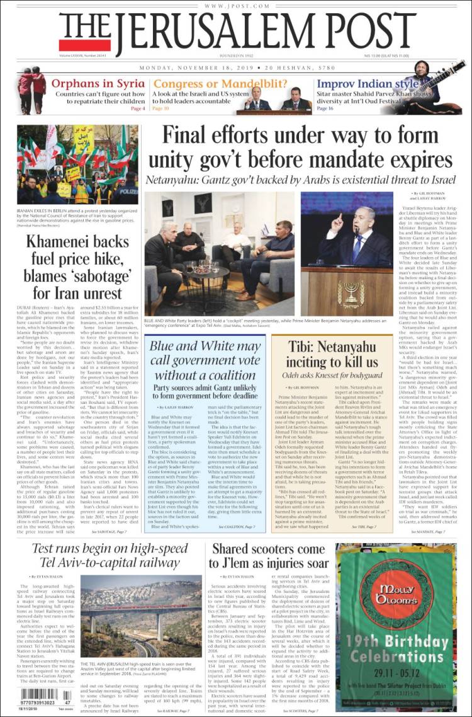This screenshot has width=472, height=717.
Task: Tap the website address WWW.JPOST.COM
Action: coord(235,6)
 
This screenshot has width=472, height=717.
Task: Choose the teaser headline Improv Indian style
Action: coord(368,84)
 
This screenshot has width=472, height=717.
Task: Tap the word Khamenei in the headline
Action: coord(60,239)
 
